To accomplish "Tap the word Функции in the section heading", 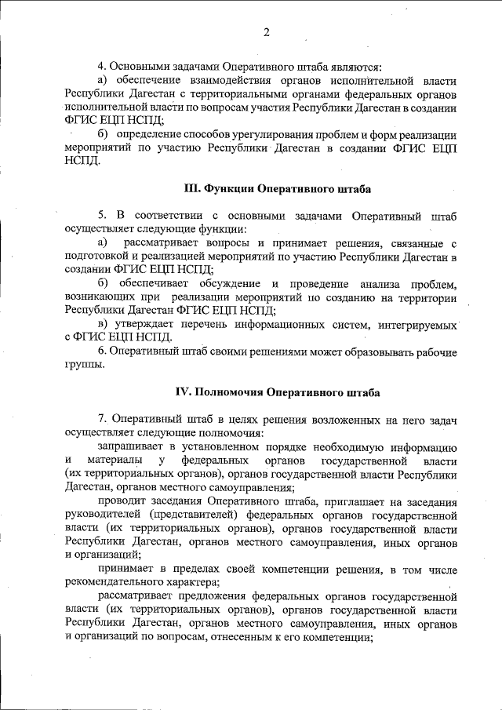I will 236,189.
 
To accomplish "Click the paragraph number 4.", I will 100,67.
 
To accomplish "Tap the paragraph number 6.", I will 101,350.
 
